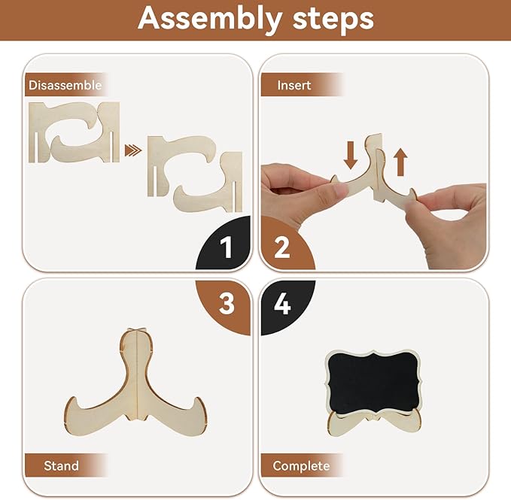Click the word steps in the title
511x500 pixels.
point(333,19)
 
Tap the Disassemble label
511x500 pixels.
point(65,85)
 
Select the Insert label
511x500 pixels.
point(294,85)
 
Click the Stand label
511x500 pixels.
point(61,466)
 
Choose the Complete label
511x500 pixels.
point(301,466)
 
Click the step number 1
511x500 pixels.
point(226,247)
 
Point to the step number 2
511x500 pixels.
point(282,247)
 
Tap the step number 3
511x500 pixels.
point(227,304)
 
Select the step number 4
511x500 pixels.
point(282,304)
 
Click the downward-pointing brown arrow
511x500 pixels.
point(351,155)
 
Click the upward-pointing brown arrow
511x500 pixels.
point(400,162)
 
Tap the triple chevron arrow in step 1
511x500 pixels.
point(133,150)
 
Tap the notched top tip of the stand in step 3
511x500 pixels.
point(135,331)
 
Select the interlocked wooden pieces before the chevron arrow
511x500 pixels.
point(74,132)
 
